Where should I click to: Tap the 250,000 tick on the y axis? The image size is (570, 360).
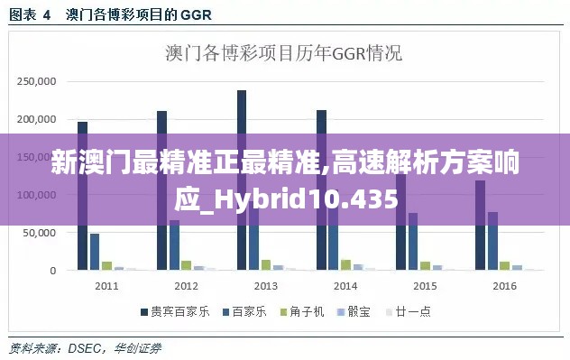(x=38, y=81)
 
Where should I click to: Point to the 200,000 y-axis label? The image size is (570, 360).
(x=38, y=119)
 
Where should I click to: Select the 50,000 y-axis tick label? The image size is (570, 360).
(x=41, y=233)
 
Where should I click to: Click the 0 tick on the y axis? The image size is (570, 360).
(x=53, y=271)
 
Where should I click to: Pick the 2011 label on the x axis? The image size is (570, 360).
(x=106, y=286)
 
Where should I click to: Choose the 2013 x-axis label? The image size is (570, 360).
(x=265, y=286)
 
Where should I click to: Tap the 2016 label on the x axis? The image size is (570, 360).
(x=504, y=286)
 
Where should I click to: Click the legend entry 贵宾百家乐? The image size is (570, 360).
(x=173, y=312)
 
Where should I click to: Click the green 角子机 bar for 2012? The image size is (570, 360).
(x=186, y=265)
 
